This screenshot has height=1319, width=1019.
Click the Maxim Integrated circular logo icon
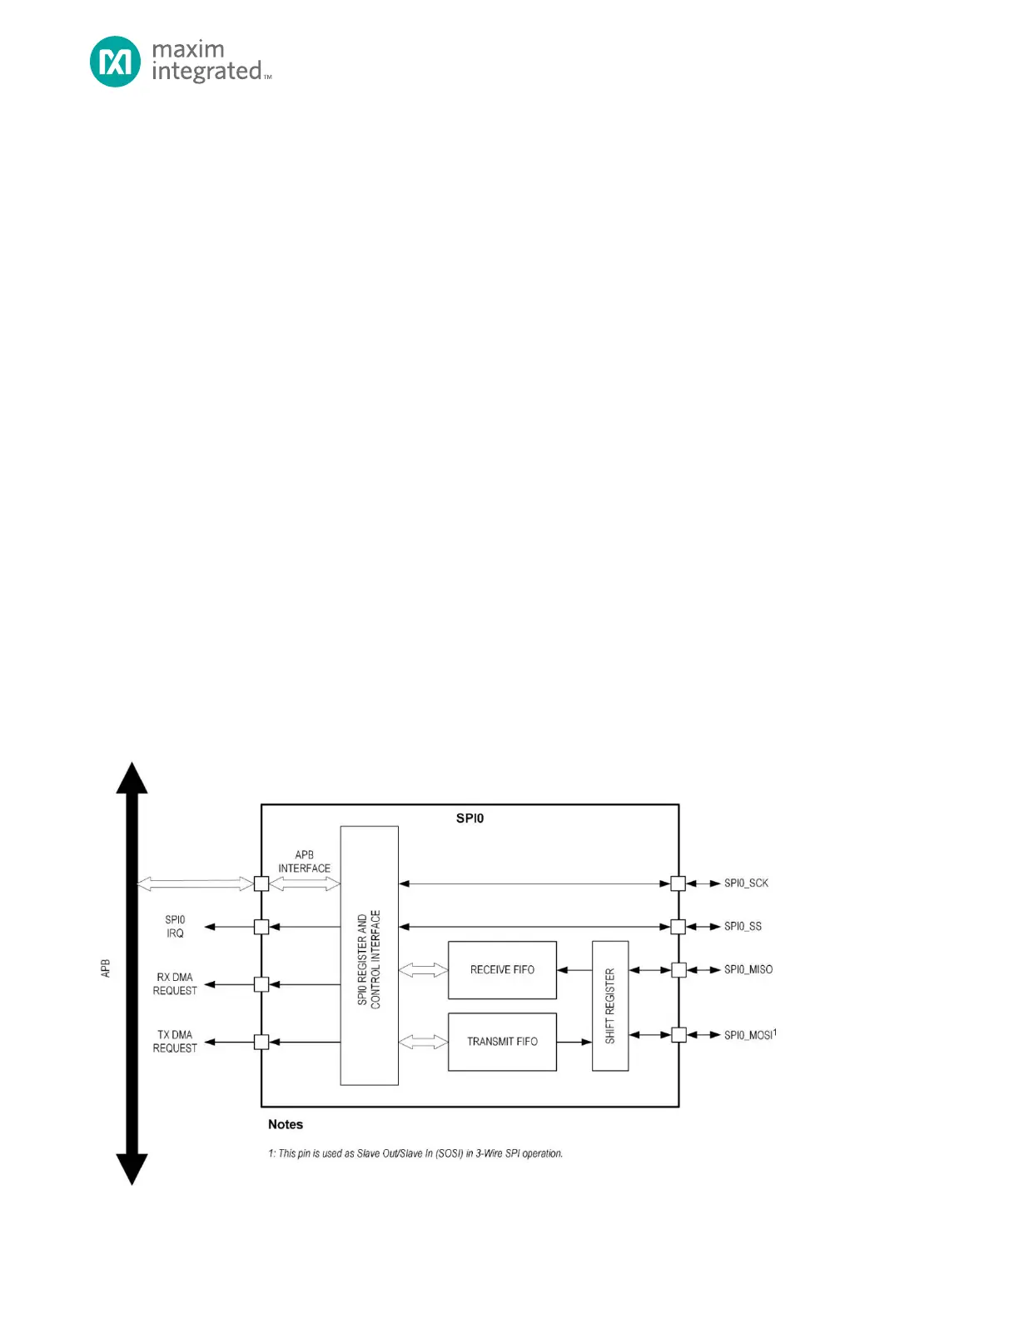pyautogui.click(x=115, y=62)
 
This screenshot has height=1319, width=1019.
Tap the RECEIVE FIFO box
pyautogui.click(x=502, y=970)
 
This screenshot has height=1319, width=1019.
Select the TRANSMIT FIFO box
pyautogui.click(x=502, y=1042)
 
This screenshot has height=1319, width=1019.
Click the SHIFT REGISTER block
pyautogui.click(x=610, y=1006)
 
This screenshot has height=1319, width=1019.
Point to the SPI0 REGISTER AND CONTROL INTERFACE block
pyautogui.click(x=369, y=956)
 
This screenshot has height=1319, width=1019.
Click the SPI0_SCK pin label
pyautogui.click(x=746, y=883)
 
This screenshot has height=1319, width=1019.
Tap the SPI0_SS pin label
pyautogui.click(x=743, y=927)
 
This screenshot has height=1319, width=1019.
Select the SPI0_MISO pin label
pyautogui.click(x=748, y=970)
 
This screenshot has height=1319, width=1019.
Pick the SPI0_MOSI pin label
pyautogui.click(x=749, y=1035)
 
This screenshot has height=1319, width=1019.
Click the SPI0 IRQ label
pyautogui.click(x=175, y=927)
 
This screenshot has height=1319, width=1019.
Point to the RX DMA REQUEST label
pyautogui.click(x=175, y=984)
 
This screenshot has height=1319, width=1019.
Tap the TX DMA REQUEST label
pyautogui.click(x=175, y=1042)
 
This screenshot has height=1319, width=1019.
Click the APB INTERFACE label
pyautogui.click(x=304, y=862)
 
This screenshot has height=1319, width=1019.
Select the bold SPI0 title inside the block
pyautogui.click(x=470, y=819)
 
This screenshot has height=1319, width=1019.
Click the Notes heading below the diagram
pyautogui.click(x=286, y=1124)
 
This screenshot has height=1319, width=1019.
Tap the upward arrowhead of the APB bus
pyautogui.click(x=132, y=778)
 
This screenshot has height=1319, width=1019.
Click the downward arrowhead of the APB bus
pyautogui.click(x=132, y=1168)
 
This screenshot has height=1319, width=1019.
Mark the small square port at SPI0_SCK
pyautogui.click(x=679, y=883)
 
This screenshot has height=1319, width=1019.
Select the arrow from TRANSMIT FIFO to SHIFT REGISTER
pyautogui.click(x=574, y=1042)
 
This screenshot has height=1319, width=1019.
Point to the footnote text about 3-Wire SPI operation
pyautogui.click(x=415, y=1154)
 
